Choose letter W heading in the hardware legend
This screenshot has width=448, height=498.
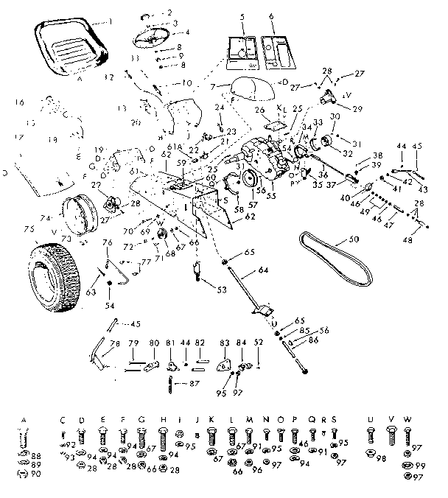click(x=406, y=420)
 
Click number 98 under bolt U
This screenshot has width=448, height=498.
click(x=382, y=458)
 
